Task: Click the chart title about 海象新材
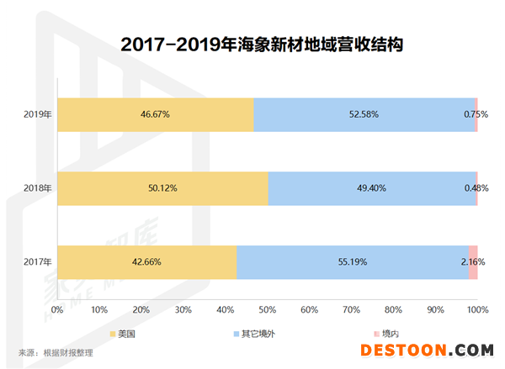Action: tap(252, 44)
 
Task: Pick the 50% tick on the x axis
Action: tap(267, 310)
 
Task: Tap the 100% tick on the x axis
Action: tap(477, 310)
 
